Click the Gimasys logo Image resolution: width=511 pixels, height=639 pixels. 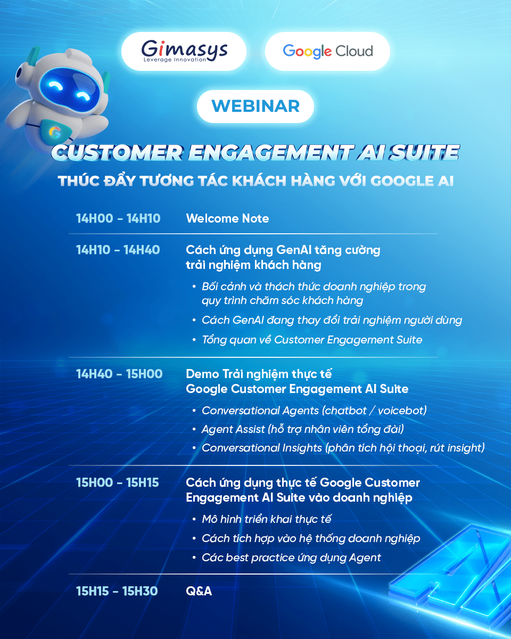[x=184, y=51]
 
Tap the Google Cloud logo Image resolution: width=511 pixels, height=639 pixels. [x=328, y=51]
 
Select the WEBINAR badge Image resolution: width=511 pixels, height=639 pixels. [x=256, y=106]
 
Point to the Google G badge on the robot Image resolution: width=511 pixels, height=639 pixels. [x=55, y=132]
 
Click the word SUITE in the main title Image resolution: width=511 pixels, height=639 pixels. [x=424, y=153]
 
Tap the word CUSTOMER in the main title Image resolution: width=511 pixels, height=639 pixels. [x=117, y=153]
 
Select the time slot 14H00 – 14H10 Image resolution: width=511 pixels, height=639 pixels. [x=118, y=218]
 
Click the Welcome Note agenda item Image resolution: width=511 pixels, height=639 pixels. [x=227, y=218]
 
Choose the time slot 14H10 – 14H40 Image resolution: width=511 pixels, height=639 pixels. [x=118, y=250]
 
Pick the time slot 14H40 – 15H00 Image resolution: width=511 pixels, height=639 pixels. [x=119, y=374]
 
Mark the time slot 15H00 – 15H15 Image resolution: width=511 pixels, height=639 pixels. [x=117, y=482]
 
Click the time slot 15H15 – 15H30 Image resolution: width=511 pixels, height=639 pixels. [x=117, y=591]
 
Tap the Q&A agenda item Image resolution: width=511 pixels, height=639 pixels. [x=199, y=591]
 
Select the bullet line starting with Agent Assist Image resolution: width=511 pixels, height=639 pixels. [x=302, y=429]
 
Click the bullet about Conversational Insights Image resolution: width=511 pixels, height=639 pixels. [x=343, y=448]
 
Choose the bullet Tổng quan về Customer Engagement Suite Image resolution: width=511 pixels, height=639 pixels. [x=312, y=340]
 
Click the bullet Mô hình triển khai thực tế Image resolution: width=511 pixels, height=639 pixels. [x=266, y=519]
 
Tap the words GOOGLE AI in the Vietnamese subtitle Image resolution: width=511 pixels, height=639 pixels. [x=412, y=181]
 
